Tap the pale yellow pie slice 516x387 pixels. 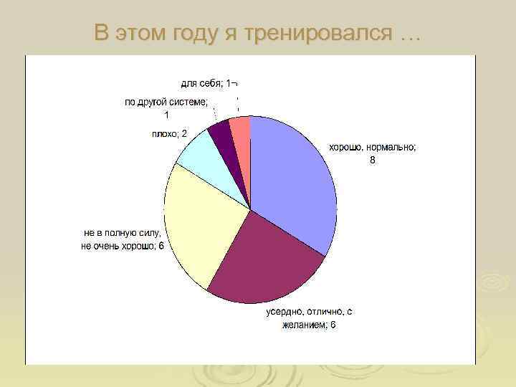pyautogui.click(x=201, y=222)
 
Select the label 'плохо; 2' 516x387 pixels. pyautogui.click(x=169, y=134)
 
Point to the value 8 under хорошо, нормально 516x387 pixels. pyautogui.click(x=372, y=160)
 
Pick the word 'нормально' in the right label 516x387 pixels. pyautogui.click(x=389, y=147)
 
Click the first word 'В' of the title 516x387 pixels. pyautogui.click(x=102, y=33)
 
